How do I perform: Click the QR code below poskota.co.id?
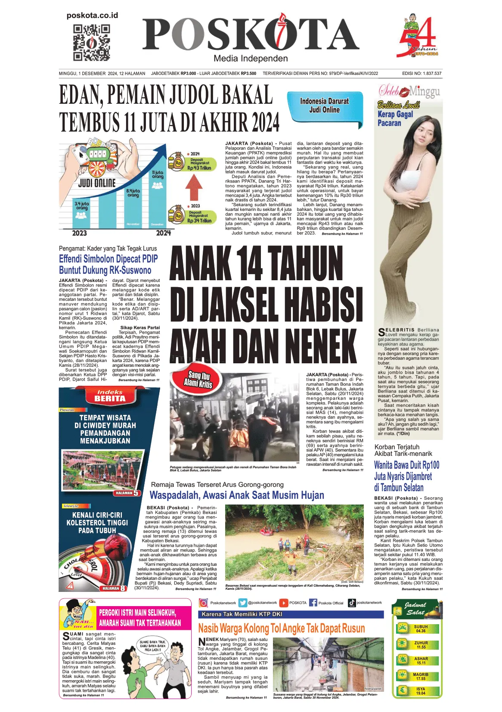[91, 43]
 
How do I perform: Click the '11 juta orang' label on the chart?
[158, 174]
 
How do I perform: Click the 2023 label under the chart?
[79, 233]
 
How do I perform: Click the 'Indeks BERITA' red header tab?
[110, 396]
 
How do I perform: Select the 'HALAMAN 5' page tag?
[127, 493]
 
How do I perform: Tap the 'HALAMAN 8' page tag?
[114, 588]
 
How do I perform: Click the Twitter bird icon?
[243, 603]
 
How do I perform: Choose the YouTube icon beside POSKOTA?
[284, 603]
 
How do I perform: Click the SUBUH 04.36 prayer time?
[421, 628]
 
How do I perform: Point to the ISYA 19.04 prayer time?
[421, 691]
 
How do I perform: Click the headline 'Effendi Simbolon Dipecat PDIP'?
[108, 259]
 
